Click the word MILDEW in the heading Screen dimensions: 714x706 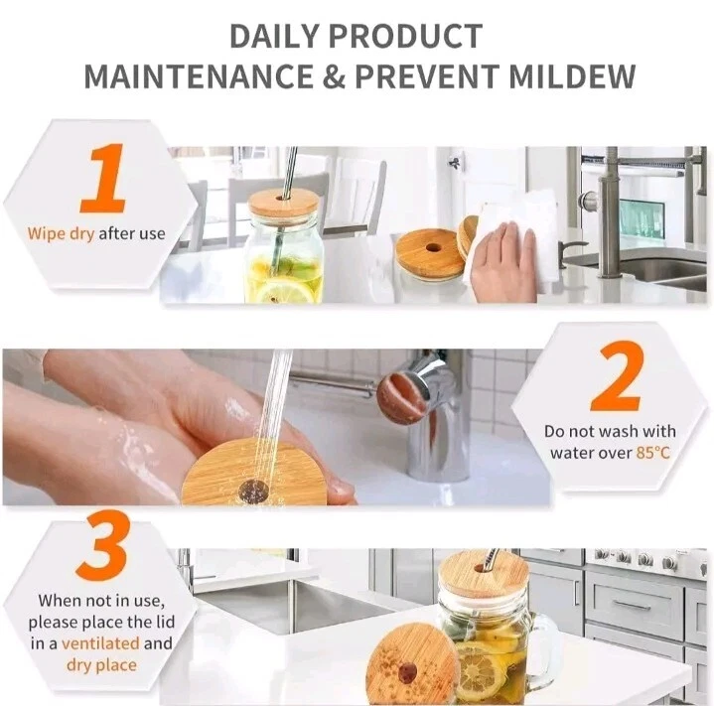click(x=572, y=76)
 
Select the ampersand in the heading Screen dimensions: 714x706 click(x=334, y=76)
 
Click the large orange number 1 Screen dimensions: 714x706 click(x=104, y=178)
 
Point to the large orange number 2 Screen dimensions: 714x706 click(x=618, y=376)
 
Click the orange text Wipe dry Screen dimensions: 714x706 click(x=61, y=234)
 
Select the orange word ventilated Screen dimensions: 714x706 click(x=100, y=643)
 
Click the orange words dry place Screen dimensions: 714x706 click(x=101, y=665)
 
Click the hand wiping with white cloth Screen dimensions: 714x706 click(x=504, y=262)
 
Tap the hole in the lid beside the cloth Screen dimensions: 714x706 click(x=433, y=248)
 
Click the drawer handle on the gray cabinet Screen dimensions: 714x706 click(x=634, y=606)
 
